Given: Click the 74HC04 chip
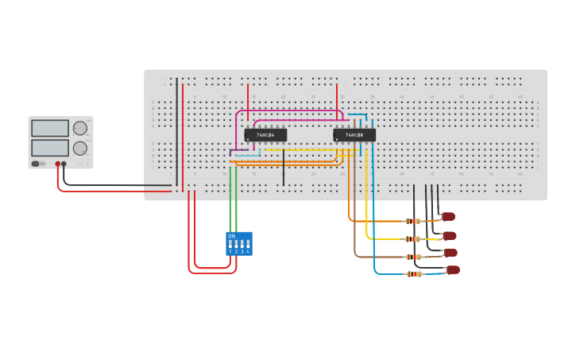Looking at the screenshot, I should pyautogui.click(x=265, y=135).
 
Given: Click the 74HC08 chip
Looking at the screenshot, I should pyautogui.click(x=354, y=135).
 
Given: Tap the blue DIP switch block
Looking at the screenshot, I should pyautogui.click(x=239, y=243).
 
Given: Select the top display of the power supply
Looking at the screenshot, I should pyautogui.click(x=50, y=128).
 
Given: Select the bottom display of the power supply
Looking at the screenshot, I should pyautogui.click(x=50, y=148).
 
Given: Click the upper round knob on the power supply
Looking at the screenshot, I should pyautogui.click(x=80, y=128).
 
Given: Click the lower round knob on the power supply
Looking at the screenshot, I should pyautogui.click(x=80, y=148).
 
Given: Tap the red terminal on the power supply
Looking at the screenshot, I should pyautogui.click(x=57, y=164).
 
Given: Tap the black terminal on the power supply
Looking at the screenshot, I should pyautogui.click(x=64, y=164).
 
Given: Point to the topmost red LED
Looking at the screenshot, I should pyautogui.click(x=449, y=216).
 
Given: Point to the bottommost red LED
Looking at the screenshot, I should pyautogui.click(x=453, y=270).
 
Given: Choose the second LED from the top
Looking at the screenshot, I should pyautogui.click(x=450, y=235).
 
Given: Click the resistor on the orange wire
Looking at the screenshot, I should pyautogui.click(x=413, y=222).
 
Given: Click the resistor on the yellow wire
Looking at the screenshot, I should pyautogui.click(x=412, y=239).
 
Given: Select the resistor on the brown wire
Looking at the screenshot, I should pyautogui.click(x=413, y=257).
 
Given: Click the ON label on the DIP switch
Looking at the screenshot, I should pyautogui.click(x=231, y=236).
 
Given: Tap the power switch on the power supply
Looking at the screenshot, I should pyautogui.click(x=36, y=164).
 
